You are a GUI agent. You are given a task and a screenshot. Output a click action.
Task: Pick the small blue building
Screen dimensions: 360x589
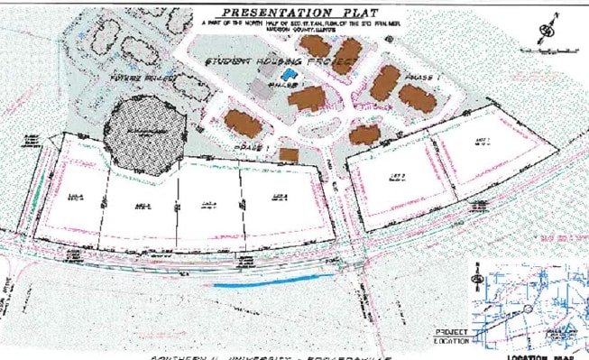tap(288, 74)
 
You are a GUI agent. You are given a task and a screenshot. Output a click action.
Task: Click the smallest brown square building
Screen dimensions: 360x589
tap(289, 155)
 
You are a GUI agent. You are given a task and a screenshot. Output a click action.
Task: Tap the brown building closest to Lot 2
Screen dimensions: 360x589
tap(365, 135)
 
